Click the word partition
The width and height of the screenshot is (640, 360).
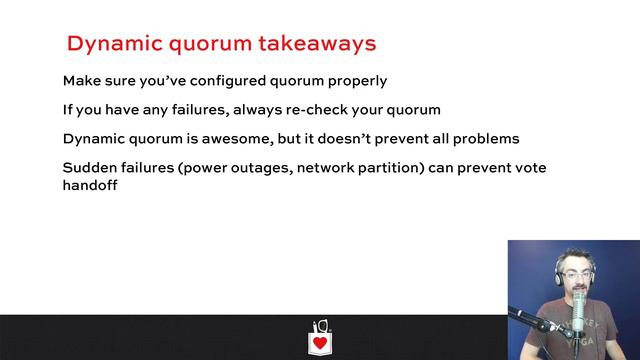pos(386,167)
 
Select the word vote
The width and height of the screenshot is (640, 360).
pos(529,167)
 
